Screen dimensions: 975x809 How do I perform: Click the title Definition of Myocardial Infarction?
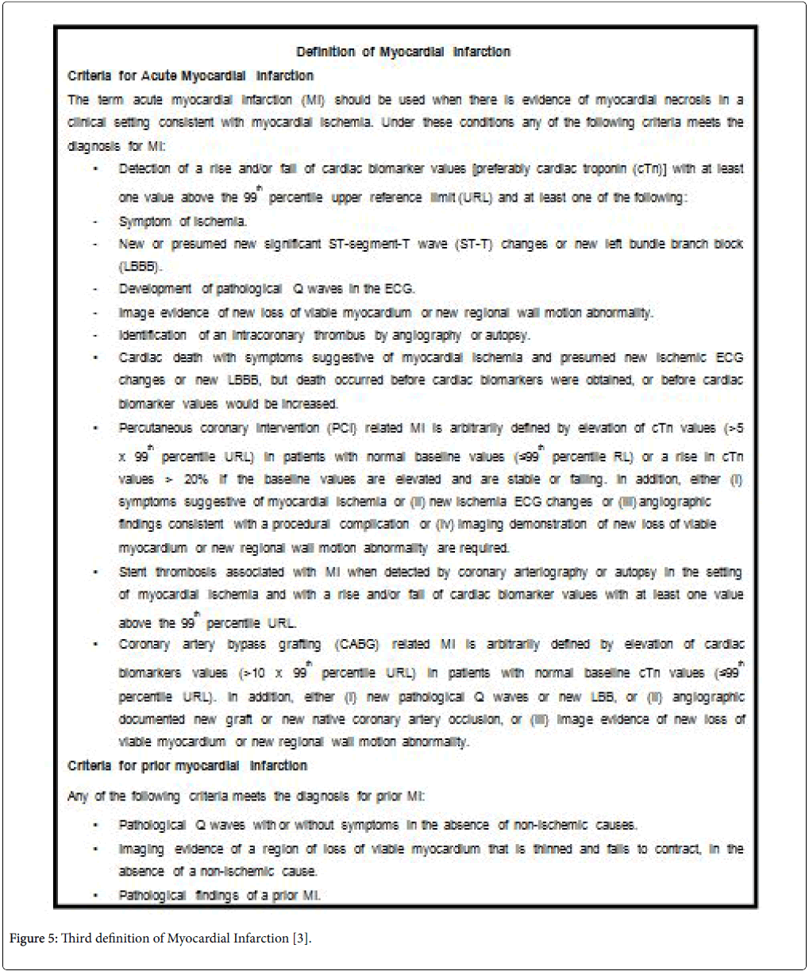[403, 52]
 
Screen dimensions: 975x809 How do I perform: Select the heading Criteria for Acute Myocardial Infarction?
[191, 76]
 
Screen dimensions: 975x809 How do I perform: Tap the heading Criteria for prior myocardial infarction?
[187, 766]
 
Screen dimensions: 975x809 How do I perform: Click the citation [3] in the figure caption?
[300, 938]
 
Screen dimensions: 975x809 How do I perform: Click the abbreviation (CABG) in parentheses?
[359, 645]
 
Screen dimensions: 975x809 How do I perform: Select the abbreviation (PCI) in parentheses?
[342, 429]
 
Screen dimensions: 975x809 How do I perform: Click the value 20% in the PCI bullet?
[195, 480]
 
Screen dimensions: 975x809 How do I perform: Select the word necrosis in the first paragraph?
[688, 100]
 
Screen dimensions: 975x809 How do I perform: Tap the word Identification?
[152, 336]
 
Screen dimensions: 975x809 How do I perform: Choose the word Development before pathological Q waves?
[155, 289]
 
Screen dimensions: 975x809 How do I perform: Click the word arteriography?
[549, 572]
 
